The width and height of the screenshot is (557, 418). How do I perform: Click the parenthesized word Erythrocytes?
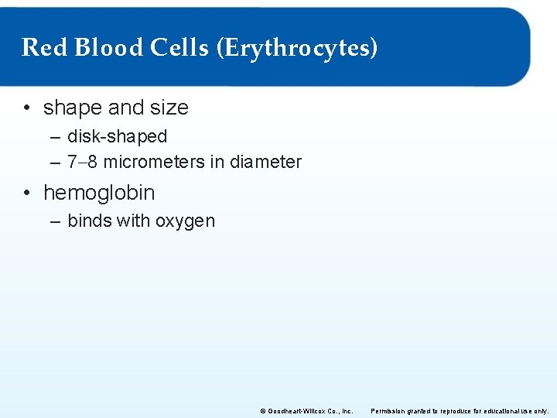[x=298, y=49]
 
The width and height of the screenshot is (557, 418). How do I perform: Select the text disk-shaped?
[x=117, y=137]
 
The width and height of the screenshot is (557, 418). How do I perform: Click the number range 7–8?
[x=83, y=162]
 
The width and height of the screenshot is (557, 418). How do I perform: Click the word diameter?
[x=265, y=162]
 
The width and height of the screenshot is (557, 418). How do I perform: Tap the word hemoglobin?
[x=99, y=192]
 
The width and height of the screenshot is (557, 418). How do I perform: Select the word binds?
[x=90, y=221]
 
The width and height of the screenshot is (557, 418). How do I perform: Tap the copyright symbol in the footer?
[x=263, y=410]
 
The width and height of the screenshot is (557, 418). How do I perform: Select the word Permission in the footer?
[x=389, y=410]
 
